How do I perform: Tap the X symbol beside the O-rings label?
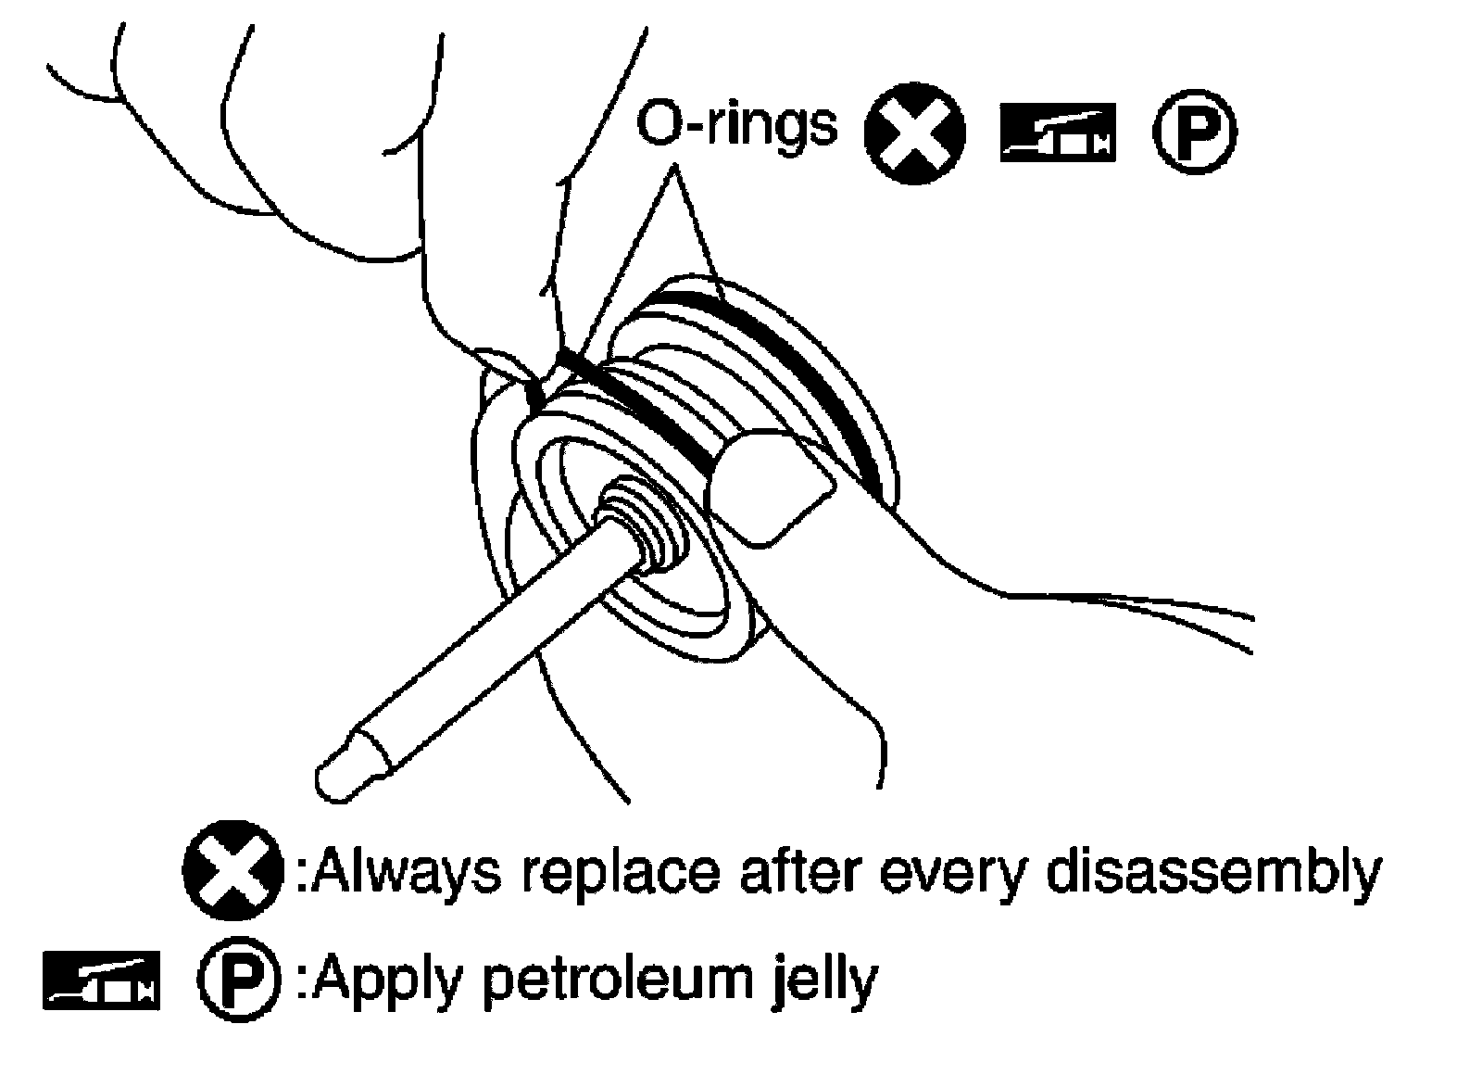click(x=913, y=134)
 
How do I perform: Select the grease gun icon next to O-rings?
click(x=1057, y=133)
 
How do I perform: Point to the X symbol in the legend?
click(x=232, y=871)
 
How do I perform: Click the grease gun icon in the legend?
click(x=101, y=979)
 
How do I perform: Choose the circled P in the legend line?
click(x=238, y=979)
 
